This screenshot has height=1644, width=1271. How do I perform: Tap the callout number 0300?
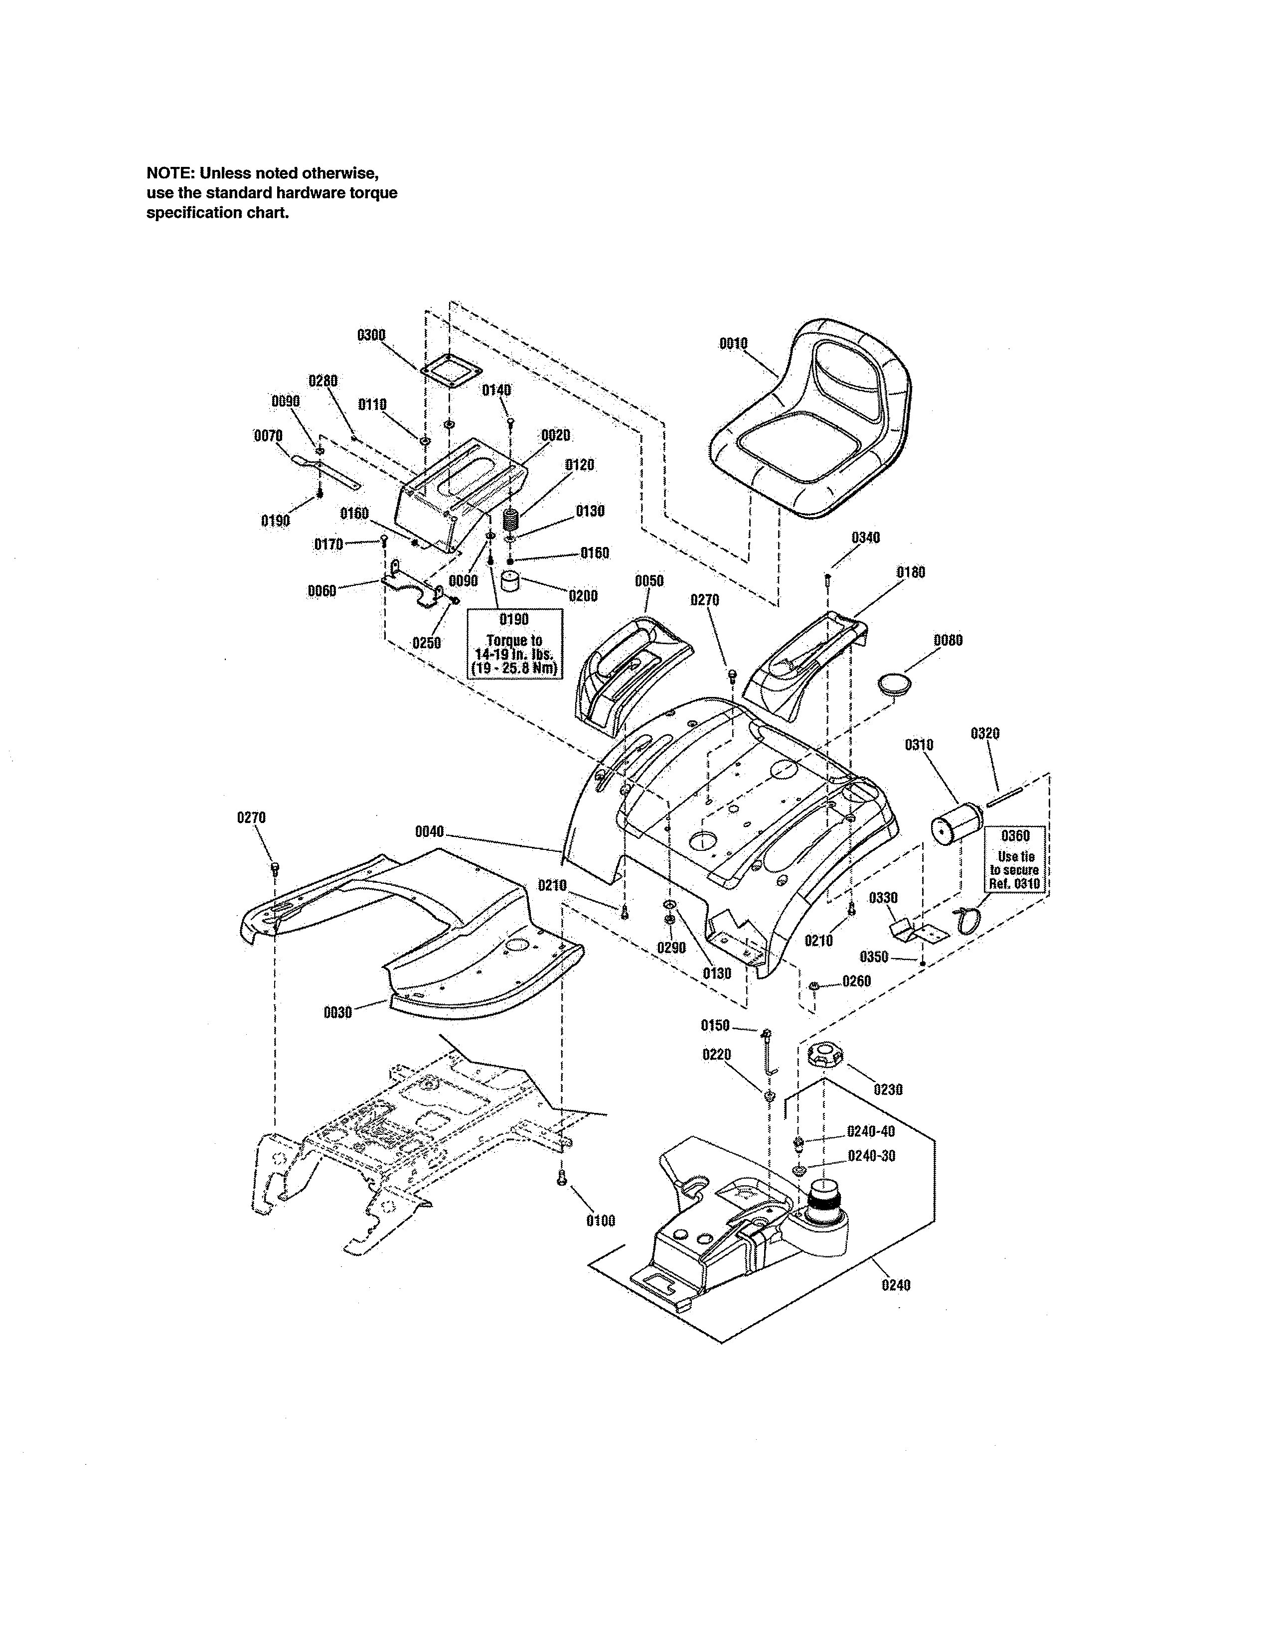[371, 335]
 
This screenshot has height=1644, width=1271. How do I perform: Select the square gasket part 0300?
[450, 372]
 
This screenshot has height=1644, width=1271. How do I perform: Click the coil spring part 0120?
[511, 520]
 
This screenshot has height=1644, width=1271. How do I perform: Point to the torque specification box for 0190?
[515, 644]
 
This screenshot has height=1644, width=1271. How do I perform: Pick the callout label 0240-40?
[871, 1131]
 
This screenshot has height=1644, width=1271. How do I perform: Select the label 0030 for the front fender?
[338, 1012]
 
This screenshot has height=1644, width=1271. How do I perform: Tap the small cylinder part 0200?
[511, 583]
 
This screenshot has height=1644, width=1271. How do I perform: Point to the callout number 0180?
[910, 572]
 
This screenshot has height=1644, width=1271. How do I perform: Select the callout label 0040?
[429, 832]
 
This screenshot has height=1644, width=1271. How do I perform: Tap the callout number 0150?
[715, 1025]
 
